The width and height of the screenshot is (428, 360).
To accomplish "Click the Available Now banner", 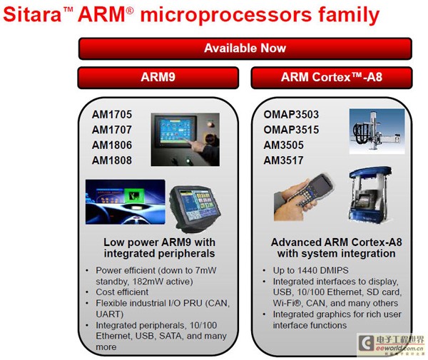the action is point(245,48).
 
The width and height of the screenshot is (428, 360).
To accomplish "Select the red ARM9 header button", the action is point(158,78).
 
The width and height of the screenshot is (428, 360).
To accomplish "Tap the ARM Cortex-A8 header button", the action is point(332,78).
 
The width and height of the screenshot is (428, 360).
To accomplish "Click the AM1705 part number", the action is point(112,115).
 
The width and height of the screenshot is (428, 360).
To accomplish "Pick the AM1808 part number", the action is point(112,160).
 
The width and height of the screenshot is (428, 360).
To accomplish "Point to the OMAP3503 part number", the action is point(291,115).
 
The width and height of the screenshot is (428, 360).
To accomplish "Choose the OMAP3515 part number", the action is point(291,130).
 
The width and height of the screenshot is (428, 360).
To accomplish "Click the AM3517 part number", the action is point(283,160).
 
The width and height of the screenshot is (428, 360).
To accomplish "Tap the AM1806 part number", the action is point(112,145).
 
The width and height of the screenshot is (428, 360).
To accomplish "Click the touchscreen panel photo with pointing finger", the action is point(185,139).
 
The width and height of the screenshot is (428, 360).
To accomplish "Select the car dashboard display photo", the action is point(126,202).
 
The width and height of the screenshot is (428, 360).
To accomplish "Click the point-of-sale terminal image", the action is point(195,209).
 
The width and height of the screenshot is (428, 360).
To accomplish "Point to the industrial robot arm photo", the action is point(377,131).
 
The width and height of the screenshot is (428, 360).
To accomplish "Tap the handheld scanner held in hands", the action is point(304,197).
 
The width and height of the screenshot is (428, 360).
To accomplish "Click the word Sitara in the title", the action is point(32,15).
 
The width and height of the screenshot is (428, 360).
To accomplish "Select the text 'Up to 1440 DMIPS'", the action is point(310,271).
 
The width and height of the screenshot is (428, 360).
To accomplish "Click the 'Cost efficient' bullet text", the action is point(122,292).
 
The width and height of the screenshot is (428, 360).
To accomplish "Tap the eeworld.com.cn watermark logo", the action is point(392,344).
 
